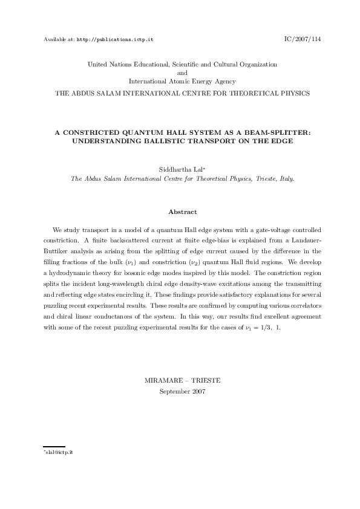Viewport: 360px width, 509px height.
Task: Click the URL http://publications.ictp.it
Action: click(x=115, y=39)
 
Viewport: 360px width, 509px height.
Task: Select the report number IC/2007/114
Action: click(x=303, y=39)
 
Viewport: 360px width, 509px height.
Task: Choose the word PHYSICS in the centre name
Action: click(x=292, y=93)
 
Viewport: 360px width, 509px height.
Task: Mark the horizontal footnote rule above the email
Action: click(x=54, y=447)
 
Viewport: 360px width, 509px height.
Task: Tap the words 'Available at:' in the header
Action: click(x=59, y=39)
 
